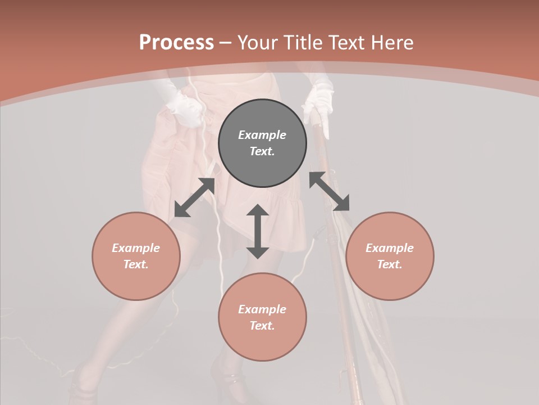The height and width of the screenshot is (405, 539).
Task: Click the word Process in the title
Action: (x=176, y=43)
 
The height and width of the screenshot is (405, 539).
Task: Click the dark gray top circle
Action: (x=262, y=143)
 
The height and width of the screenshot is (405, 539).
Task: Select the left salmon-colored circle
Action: (x=136, y=256)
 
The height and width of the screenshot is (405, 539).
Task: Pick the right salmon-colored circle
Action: (x=390, y=256)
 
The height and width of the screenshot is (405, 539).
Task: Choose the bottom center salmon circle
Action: (x=262, y=317)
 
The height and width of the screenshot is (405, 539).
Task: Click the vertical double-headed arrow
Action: (x=258, y=231)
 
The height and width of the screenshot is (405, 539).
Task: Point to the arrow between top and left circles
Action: (x=194, y=197)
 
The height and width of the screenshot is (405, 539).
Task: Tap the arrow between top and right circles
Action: (x=330, y=191)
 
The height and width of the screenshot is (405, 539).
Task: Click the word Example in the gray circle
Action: (x=262, y=135)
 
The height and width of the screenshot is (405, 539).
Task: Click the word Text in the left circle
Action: (x=136, y=264)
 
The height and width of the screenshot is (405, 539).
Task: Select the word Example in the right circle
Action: (x=390, y=248)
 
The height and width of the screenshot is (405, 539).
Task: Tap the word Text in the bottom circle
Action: (x=262, y=326)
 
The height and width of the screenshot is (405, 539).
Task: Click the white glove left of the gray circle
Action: (x=182, y=107)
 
